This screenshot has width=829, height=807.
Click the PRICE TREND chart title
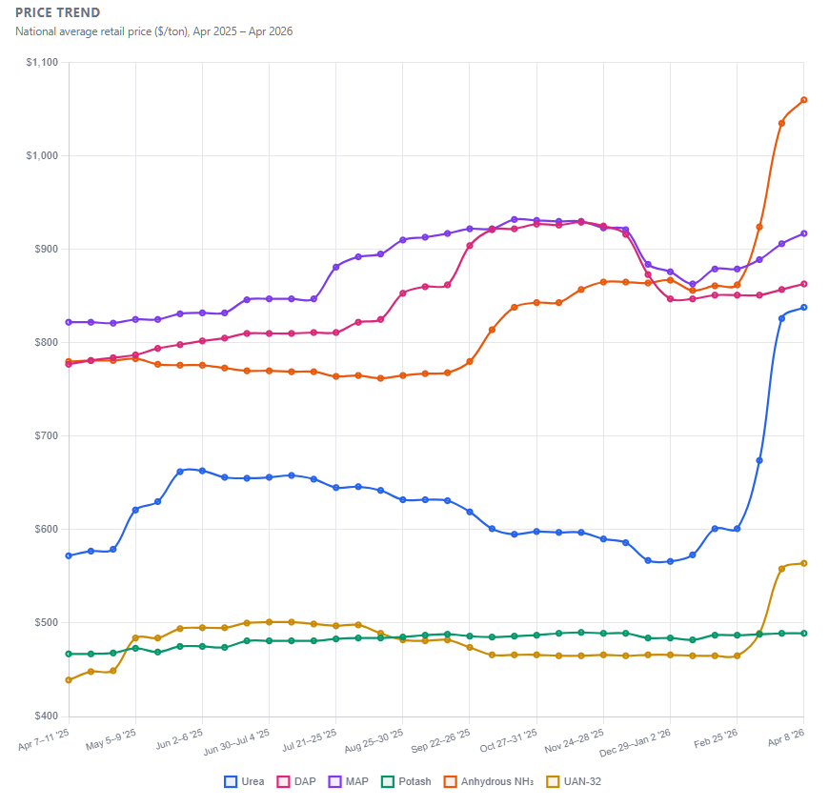57,13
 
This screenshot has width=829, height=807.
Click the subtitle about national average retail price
153,31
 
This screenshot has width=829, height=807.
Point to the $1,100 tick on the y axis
42,63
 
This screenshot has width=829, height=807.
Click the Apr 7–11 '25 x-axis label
45,736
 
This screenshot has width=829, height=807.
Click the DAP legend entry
297,782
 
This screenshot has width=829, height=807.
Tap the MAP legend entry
349,782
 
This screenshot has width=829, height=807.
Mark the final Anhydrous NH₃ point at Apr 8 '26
804,100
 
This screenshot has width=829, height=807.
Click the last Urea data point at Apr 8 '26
804,308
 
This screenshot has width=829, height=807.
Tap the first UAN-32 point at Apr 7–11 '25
69,680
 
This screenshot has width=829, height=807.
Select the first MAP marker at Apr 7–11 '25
69,322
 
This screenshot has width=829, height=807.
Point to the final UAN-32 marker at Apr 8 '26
804,563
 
